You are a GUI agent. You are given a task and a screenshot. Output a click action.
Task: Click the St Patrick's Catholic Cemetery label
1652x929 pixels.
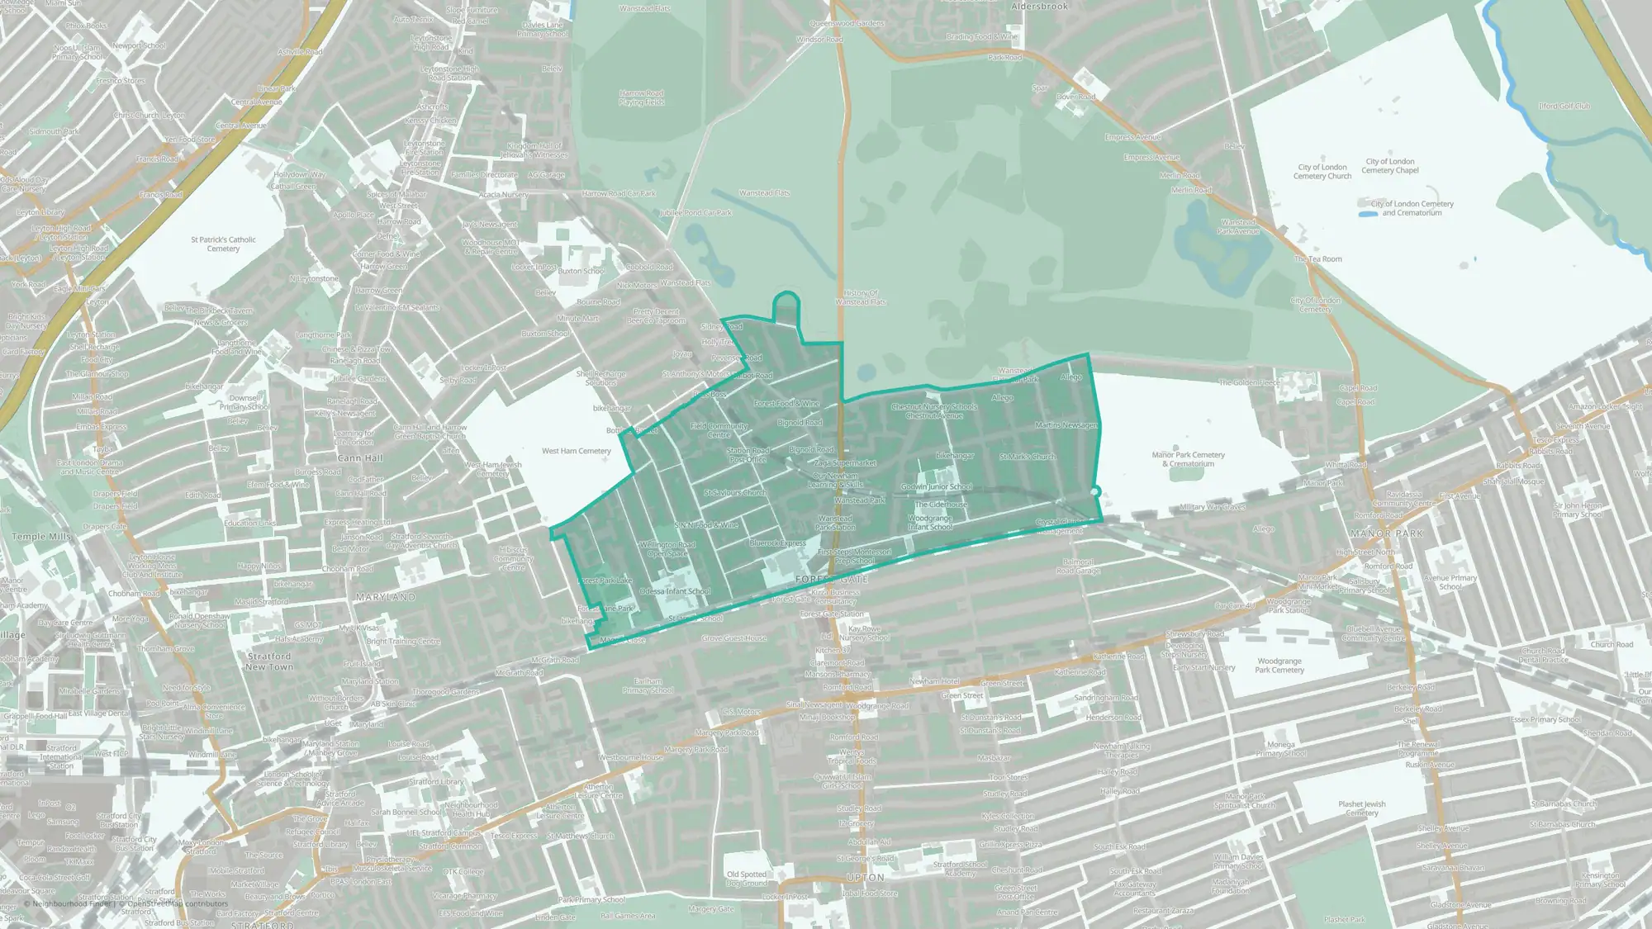tap(223, 244)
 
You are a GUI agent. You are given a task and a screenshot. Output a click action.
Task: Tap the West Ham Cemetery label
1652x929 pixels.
tap(576, 451)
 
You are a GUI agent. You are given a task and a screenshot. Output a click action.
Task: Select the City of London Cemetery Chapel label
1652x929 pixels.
tap(1390, 166)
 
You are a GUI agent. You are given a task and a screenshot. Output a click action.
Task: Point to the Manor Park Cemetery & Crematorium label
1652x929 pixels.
tap(1188, 459)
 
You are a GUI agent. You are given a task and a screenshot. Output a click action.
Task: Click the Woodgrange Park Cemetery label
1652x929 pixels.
tap(1279, 666)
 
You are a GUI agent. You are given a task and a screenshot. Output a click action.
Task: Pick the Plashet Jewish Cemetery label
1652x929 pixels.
tap(1362, 808)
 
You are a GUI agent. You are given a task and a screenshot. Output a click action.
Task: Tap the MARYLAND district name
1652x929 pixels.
tap(386, 596)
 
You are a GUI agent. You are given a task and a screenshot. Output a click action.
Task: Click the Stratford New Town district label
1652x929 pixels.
tap(269, 661)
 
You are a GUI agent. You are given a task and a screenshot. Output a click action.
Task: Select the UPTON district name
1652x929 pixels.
tap(866, 878)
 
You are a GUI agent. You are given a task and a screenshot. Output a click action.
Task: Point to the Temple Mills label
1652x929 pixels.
tap(41, 537)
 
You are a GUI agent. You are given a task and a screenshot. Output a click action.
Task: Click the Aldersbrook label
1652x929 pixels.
tap(1039, 7)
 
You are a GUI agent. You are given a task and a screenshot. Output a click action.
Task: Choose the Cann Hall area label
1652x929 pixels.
tap(360, 458)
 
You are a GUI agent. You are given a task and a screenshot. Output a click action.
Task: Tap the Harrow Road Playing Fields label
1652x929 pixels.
tap(642, 97)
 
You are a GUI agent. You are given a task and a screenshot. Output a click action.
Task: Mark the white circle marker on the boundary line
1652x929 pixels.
tap(1095, 492)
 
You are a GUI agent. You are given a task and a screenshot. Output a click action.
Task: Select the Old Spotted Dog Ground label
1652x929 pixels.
tap(747, 879)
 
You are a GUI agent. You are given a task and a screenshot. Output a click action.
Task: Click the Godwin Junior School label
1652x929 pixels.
tap(937, 487)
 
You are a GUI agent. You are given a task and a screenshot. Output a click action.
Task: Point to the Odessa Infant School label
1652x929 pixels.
tap(675, 591)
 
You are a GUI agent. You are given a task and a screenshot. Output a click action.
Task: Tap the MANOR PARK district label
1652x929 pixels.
tap(1386, 534)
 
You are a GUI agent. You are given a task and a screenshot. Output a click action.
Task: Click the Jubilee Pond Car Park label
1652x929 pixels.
tap(695, 213)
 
